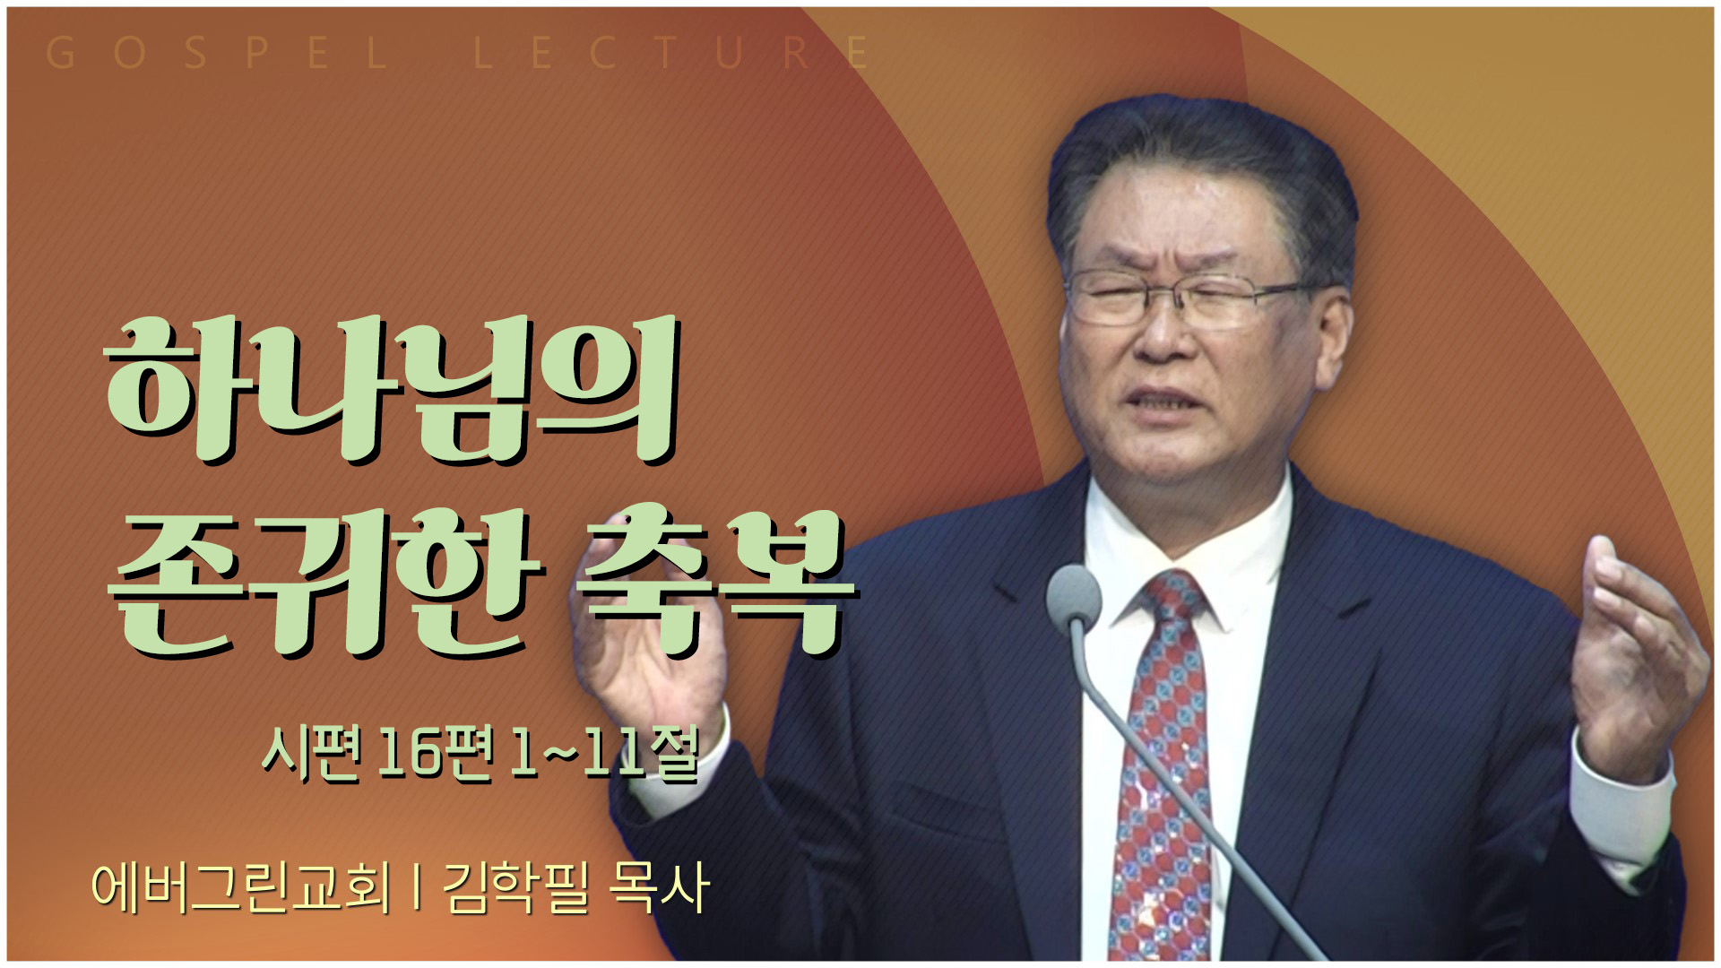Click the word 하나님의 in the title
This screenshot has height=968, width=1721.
(x=392, y=391)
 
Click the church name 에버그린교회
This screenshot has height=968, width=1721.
(x=241, y=887)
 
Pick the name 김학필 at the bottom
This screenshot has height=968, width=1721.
(x=515, y=887)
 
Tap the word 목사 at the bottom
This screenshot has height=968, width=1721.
(x=659, y=887)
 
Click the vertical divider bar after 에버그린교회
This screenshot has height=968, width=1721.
(x=417, y=887)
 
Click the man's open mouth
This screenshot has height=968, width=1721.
(x=1165, y=401)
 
